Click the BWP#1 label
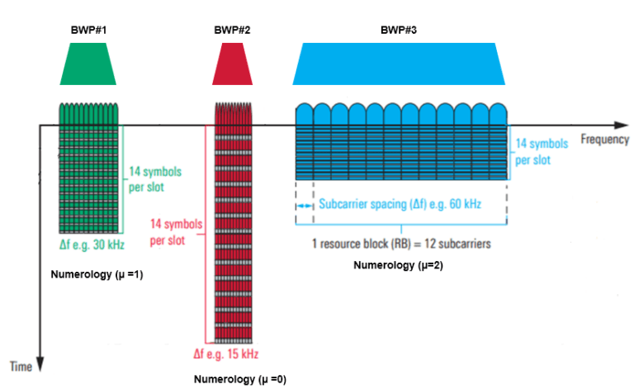88,31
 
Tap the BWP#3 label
398,31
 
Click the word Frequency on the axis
604,140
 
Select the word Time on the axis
20,366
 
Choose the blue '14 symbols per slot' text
542,151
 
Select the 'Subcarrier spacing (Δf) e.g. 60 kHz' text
400,203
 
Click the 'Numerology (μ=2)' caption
398,265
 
